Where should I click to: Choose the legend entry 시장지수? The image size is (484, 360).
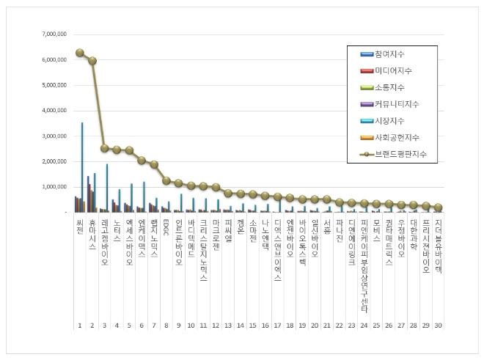[x=389, y=121]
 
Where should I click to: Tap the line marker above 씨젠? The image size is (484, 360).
[x=79, y=53]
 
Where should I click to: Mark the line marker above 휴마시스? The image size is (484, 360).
[x=92, y=61]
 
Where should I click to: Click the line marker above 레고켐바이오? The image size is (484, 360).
[x=105, y=148]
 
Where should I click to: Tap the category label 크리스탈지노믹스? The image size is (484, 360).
[x=204, y=249]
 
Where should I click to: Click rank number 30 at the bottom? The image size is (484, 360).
[x=438, y=324]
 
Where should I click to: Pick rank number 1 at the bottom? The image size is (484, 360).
[x=80, y=324]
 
